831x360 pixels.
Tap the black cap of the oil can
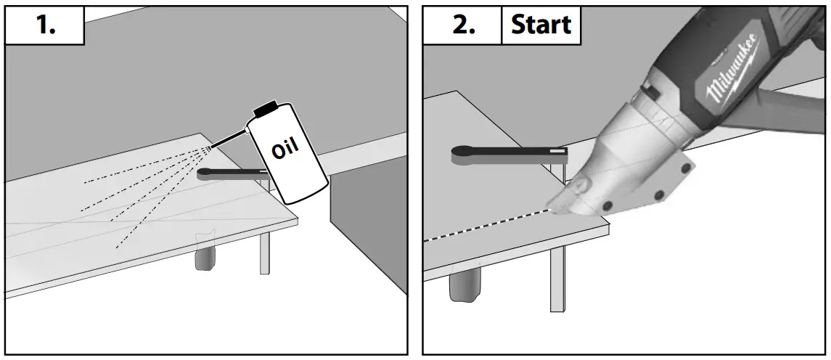click(266, 108)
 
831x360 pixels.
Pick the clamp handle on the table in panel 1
click(229, 173)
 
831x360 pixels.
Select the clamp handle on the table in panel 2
click(508, 151)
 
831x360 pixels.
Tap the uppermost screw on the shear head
click(684, 170)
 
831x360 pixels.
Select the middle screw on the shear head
click(659, 195)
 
